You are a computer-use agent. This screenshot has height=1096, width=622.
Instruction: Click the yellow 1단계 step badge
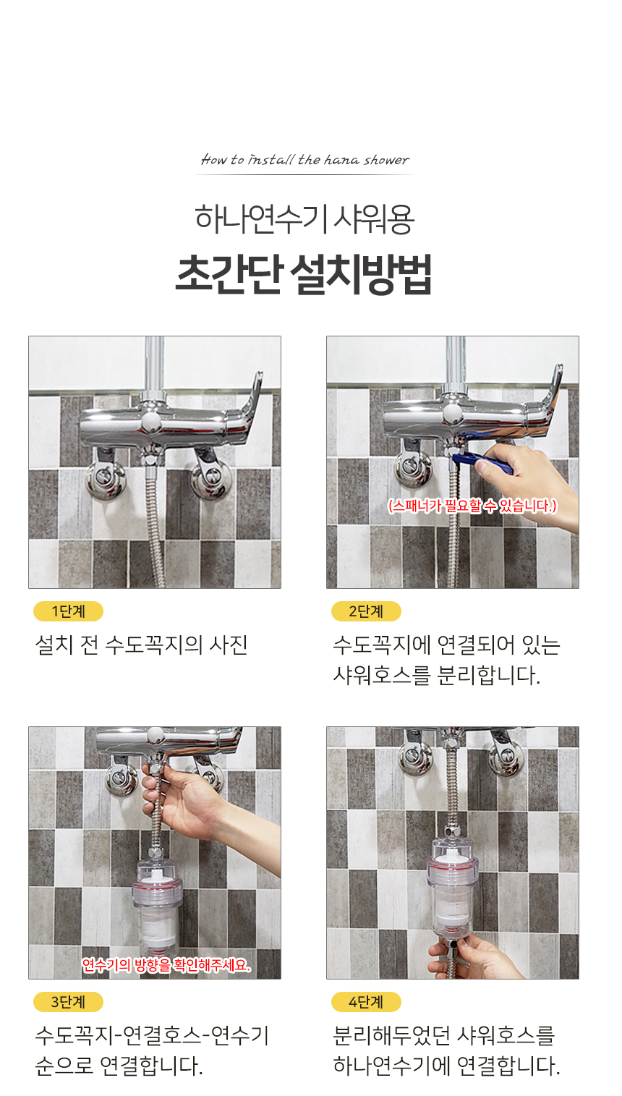coord(68,611)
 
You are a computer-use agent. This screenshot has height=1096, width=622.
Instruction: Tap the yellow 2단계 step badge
coord(366,611)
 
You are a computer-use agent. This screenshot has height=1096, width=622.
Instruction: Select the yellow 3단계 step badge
coord(68,1001)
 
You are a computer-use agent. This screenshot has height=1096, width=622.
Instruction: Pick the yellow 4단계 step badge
coord(366,1001)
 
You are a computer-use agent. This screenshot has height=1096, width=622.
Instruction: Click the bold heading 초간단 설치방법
coord(304,274)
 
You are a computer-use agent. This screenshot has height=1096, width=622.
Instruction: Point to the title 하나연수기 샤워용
coord(304,219)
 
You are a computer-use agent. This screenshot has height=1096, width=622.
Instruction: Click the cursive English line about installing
coord(304,159)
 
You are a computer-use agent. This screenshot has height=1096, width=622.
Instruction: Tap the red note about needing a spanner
coord(472,506)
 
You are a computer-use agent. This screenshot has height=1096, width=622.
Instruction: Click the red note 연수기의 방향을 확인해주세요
coord(166,965)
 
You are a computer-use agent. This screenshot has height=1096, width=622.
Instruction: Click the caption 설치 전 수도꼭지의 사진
coord(141,645)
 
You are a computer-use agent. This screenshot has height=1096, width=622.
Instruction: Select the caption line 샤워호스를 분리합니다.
coord(437,675)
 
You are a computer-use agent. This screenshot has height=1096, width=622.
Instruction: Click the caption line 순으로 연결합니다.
coord(119,1066)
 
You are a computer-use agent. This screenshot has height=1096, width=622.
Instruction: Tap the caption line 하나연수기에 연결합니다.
coord(446,1066)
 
